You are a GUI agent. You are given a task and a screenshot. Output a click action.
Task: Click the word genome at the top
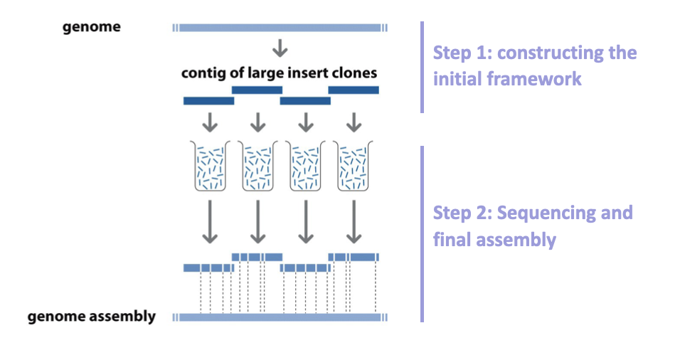click(x=91, y=27)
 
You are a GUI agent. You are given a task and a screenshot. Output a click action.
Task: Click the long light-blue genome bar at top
click(x=280, y=28)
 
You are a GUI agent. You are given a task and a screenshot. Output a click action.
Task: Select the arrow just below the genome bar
click(x=280, y=48)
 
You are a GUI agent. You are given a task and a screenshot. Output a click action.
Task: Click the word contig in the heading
click(x=204, y=73)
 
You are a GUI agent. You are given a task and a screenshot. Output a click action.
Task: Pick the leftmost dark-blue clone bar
click(x=208, y=101)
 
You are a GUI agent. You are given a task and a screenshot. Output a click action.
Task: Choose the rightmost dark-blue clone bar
click(x=353, y=90)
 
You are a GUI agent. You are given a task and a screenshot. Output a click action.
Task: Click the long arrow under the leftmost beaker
click(x=210, y=222)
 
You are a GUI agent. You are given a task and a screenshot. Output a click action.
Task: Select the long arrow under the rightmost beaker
click(x=354, y=222)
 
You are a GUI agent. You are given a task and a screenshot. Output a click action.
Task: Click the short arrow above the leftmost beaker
click(x=210, y=122)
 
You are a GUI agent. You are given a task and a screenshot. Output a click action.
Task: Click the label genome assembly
click(x=91, y=317)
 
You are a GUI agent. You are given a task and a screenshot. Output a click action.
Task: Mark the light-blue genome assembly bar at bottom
click(x=280, y=317)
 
